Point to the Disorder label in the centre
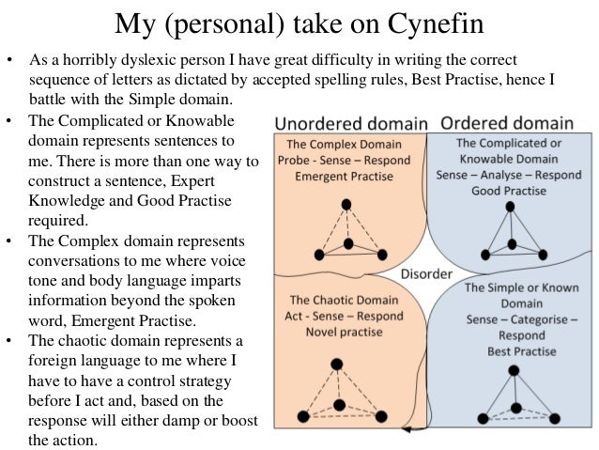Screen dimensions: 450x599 coord(428,275)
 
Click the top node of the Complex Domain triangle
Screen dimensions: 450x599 coord(346,204)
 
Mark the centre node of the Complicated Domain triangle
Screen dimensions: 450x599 coord(512,244)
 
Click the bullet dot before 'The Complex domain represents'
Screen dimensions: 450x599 coord(9,240)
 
